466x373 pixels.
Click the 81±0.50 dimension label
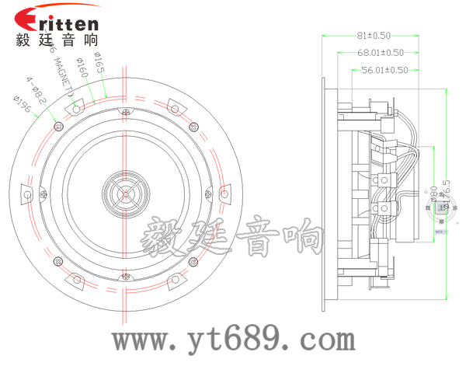point(373,36)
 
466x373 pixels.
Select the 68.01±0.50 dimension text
point(381,53)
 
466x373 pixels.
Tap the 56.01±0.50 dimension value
point(384,70)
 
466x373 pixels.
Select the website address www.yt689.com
point(233,339)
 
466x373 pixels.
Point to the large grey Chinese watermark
point(233,238)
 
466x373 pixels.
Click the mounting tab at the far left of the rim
point(28,193)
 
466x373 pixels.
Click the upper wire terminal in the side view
point(384,180)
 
